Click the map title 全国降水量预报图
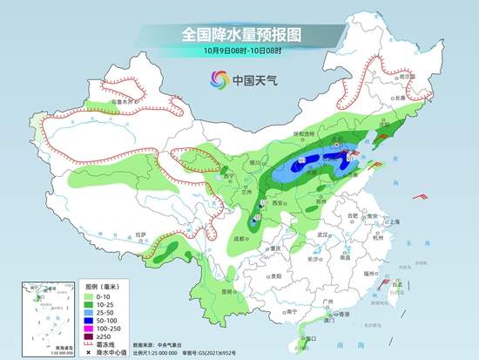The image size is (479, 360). click(x=240, y=36)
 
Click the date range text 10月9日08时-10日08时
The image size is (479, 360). click(x=240, y=55)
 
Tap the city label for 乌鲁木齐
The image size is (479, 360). click(x=126, y=102)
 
